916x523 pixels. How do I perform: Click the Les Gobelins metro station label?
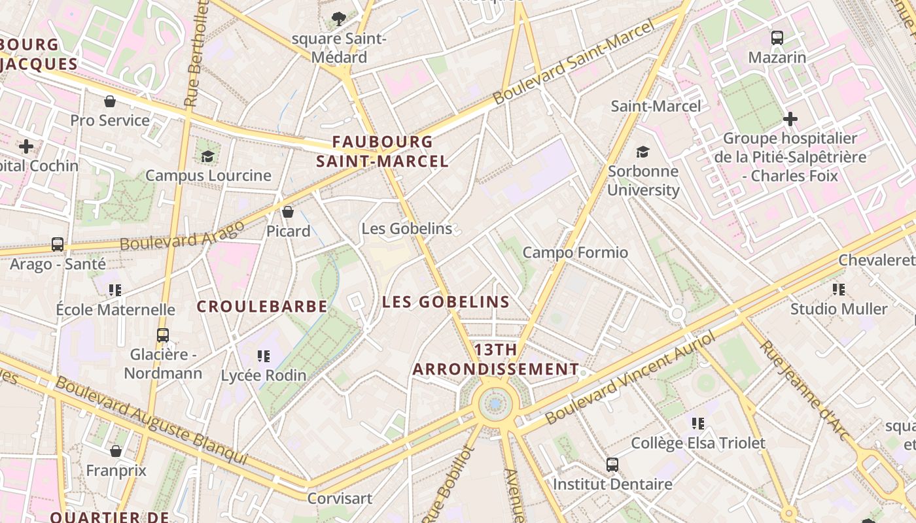[407, 229]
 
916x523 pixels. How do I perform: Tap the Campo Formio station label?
[575, 252]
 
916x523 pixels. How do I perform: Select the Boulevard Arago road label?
[183, 235]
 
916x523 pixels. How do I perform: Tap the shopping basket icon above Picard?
[288, 212]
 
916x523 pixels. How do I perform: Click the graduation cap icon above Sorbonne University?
[643, 152]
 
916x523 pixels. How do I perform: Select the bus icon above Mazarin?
[777, 38]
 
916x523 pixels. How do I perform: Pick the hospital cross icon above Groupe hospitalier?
[790, 119]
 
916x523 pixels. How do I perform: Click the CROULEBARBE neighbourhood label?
[262, 306]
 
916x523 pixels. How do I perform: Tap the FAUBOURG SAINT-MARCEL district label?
[382, 151]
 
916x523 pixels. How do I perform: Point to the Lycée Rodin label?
[264, 375]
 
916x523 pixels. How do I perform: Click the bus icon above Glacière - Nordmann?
[163, 335]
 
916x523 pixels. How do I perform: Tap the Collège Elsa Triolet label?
[698, 443]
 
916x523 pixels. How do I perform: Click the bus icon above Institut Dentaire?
[612, 465]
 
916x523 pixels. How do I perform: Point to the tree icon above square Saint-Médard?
[339, 19]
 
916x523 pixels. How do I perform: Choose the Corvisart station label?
[340, 498]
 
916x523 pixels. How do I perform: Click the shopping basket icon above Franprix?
[116, 451]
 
